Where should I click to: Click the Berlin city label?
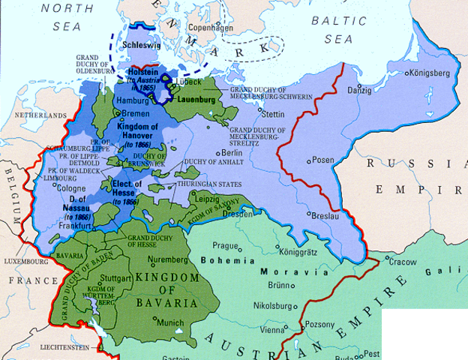234,153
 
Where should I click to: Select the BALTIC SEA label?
343,28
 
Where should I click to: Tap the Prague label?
225,245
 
